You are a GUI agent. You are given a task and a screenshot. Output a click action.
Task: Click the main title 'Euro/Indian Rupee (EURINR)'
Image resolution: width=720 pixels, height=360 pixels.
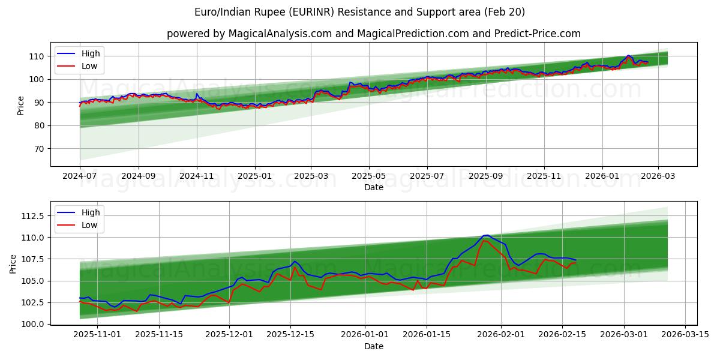click(x=359, y=12)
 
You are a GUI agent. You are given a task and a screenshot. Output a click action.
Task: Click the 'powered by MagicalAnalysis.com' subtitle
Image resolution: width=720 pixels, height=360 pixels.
click(x=373, y=34)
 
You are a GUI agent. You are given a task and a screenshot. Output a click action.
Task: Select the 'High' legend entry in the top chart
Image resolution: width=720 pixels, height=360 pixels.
click(x=91, y=54)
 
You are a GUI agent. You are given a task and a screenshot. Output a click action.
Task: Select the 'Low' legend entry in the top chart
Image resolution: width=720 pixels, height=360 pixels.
click(x=89, y=67)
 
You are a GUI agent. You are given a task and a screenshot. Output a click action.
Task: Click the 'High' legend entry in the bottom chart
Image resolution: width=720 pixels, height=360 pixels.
click(x=91, y=212)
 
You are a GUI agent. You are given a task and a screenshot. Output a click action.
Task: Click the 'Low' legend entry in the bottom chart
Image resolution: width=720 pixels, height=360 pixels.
click(x=89, y=225)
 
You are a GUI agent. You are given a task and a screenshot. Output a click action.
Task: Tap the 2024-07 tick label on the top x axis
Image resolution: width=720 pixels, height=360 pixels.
click(x=80, y=177)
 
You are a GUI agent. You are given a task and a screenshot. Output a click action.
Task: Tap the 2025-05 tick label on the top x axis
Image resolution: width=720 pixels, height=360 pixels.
click(x=368, y=177)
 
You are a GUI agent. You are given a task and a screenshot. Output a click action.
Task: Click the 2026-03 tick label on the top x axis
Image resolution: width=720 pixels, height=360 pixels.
click(x=658, y=177)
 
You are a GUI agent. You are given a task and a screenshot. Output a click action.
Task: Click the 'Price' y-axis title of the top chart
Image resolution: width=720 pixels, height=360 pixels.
click(x=21, y=104)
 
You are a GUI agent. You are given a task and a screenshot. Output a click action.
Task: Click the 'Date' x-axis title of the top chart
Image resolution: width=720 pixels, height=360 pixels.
click(x=373, y=188)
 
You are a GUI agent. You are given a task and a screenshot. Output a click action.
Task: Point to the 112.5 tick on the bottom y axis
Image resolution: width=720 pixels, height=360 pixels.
click(x=33, y=216)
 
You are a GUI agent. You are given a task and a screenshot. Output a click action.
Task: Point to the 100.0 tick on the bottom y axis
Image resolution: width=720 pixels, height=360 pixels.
click(x=33, y=324)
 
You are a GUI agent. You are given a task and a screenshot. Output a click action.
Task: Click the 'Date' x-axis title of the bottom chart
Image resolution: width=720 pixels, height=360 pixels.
click(x=373, y=346)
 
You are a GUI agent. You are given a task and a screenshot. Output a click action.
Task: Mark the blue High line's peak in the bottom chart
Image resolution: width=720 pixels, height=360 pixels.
click(x=487, y=235)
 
